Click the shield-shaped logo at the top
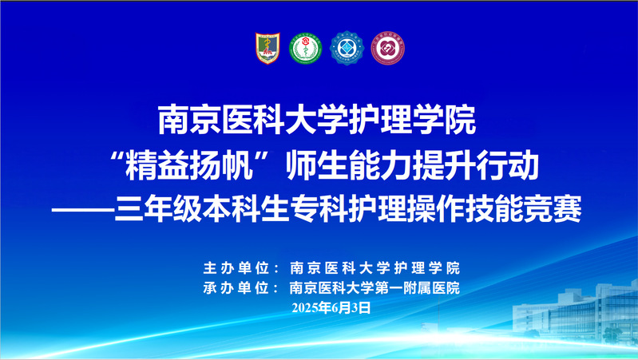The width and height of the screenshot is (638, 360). (x=267, y=48)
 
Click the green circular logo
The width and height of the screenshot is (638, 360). (x=305, y=48)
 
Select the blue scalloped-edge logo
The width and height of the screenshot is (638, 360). (x=347, y=48)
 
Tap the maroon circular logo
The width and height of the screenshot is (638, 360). (x=388, y=48)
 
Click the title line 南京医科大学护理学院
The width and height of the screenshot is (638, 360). (x=317, y=120)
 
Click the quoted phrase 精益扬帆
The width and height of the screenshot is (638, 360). (x=188, y=165)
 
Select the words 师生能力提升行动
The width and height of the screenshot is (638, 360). (x=412, y=165)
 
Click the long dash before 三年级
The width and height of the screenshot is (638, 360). (x=83, y=209)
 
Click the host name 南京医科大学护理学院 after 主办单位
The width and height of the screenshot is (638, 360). (x=374, y=267)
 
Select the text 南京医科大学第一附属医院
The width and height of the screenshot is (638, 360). (x=374, y=287)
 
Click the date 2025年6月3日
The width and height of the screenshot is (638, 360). (x=331, y=307)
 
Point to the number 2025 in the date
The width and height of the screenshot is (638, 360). (x=305, y=308)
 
